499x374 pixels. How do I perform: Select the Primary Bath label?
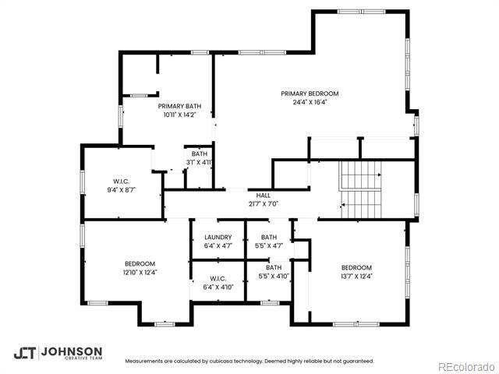pos(179,106)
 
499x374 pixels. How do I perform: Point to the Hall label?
pos(263,195)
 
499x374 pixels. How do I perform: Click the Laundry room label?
pos(218,237)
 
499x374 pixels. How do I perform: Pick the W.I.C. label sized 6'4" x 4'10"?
pos(218,278)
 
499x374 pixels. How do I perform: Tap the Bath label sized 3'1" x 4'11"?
pos(200,154)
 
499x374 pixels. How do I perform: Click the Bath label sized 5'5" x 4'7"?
pos(269,237)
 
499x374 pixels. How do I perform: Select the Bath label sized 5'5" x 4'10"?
pos(273,267)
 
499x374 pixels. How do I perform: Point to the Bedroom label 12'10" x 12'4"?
pos(140,263)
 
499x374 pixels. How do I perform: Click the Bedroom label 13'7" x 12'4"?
pos(356,267)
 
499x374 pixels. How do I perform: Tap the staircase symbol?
pos(359,192)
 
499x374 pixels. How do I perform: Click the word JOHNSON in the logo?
pos(71,351)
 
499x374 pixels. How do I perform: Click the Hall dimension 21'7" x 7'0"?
pos(263,203)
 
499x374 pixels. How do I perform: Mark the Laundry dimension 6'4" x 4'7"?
pos(218,245)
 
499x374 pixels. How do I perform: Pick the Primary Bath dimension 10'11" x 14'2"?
pos(179,115)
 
